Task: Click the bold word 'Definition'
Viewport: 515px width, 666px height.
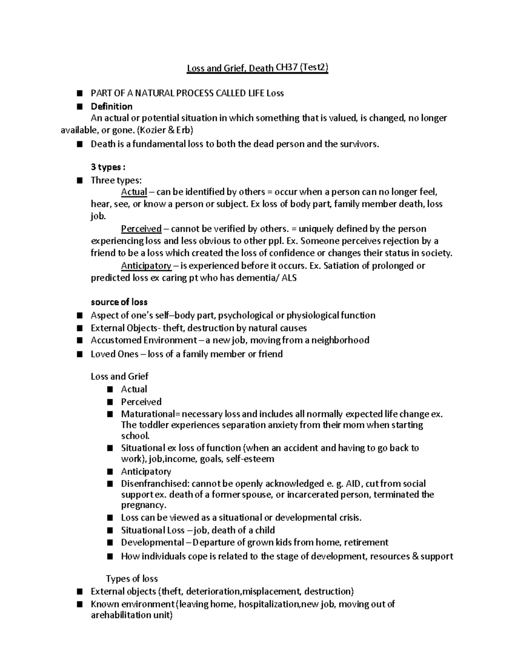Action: point(111,106)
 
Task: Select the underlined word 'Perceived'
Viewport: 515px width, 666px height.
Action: point(141,229)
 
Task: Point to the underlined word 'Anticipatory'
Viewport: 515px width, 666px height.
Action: point(146,265)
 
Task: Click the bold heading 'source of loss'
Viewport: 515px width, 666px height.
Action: point(119,302)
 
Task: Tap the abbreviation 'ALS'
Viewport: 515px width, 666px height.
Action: point(289,278)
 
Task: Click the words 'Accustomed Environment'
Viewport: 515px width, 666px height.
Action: point(143,340)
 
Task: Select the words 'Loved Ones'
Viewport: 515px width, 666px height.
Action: point(115,354)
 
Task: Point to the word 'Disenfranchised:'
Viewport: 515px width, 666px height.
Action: point(155,484)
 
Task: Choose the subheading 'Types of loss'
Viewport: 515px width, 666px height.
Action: point(132,579)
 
